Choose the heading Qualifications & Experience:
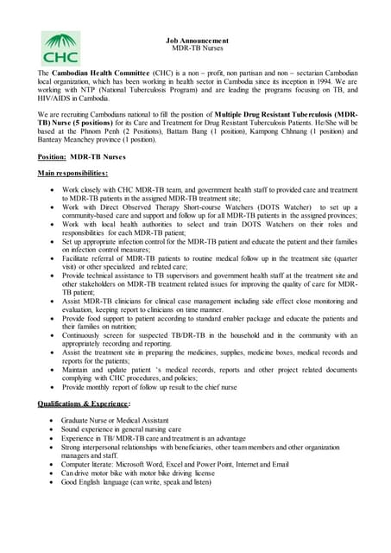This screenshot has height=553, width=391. pyautogui.click(x=84, y=404)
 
